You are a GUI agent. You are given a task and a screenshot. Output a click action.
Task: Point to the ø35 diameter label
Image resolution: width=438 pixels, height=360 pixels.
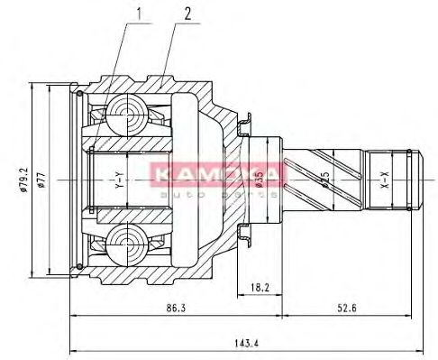(259, 180)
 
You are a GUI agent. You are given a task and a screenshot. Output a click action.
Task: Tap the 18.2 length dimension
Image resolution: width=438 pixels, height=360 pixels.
(260, 288)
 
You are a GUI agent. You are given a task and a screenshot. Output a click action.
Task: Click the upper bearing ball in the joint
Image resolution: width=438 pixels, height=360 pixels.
(124, 114)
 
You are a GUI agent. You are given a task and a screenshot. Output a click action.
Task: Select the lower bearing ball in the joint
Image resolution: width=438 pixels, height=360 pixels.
(124, 245)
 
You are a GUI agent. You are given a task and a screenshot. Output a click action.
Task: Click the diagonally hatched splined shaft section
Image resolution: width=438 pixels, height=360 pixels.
(324, 179)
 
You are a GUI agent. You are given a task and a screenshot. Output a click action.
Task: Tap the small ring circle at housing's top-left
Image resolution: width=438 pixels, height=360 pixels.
(80, 95)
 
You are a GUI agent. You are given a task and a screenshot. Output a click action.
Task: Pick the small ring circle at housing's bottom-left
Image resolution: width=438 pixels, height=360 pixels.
(80, 264)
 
